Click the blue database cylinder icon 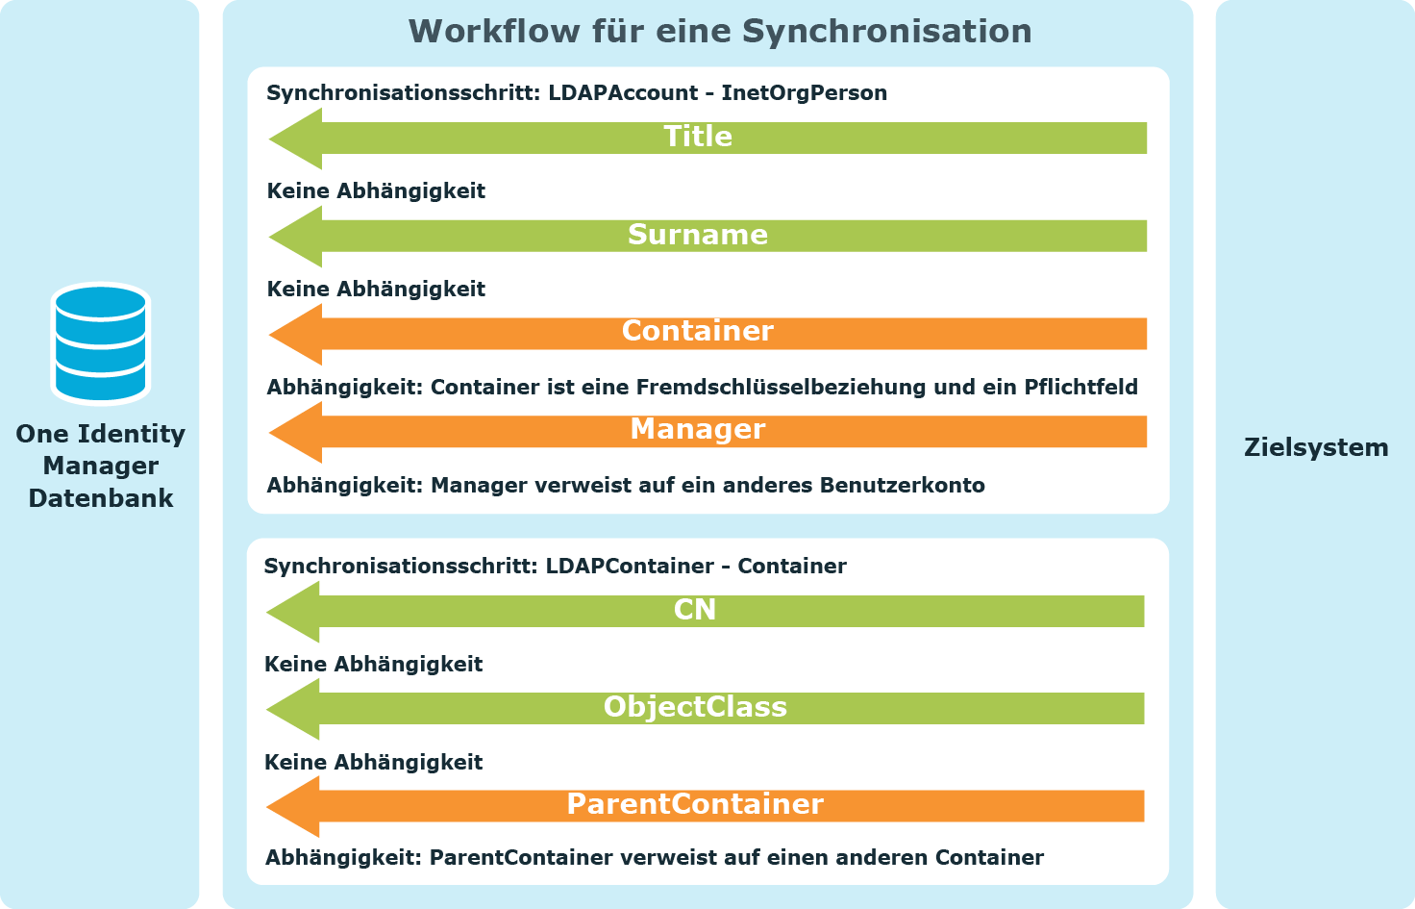[x=100, y=343]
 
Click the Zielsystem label [x=1316, y=447]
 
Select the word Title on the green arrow [x=697, y=137]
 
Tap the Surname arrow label [x=697, y=235]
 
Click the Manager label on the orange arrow [x=697, y=429]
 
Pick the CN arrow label [x=694, y=610]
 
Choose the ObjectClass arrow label [x=695, y=707]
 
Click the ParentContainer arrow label [x=695, y=804]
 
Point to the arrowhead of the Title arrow [x=270, y=139]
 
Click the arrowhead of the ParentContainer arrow [x=268, y=807]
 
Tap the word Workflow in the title [x=494, y=31]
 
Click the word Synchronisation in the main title [x=886, y=31]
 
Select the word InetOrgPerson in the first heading [x=805, y=93]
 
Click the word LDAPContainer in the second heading [x=630, y=566]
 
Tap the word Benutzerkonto [x=902, y=485]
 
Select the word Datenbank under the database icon [x=100, y=498]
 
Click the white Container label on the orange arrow [x=697, y=331]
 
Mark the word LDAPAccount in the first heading [x=623, y=93]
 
